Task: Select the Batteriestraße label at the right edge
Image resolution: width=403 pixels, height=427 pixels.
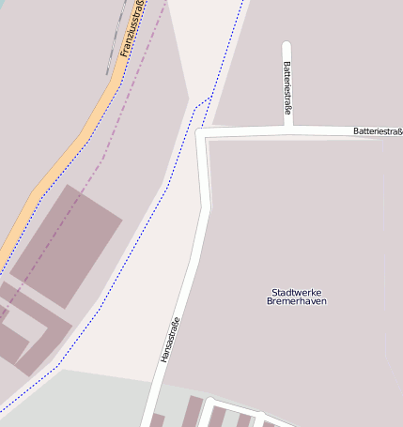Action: [378, 131]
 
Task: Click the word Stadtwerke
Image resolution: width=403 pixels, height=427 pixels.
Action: [297, 292]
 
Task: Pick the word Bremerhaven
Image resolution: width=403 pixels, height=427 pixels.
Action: [297, 301]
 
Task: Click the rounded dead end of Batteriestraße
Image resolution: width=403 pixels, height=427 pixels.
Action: [287, 45]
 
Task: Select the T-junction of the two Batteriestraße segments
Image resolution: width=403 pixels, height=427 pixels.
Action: [287, 130]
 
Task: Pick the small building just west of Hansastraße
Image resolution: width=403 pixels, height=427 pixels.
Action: [157, 419]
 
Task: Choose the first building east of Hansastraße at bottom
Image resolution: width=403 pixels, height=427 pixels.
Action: [193, 413]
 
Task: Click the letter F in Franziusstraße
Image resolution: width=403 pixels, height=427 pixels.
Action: [124, 53]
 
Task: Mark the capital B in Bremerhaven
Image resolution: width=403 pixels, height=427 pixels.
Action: [270, 301]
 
